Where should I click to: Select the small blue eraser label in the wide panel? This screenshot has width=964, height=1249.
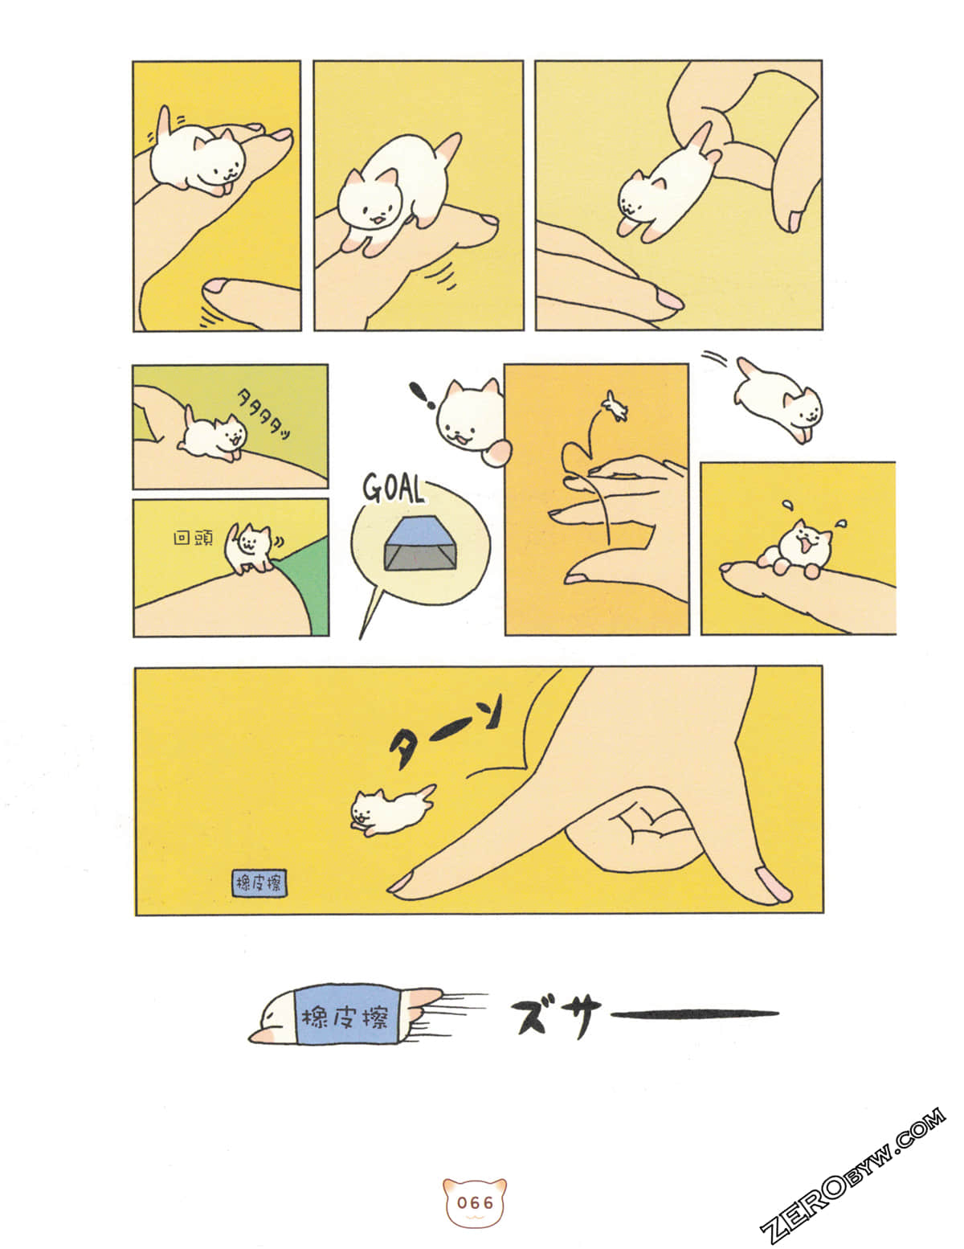point(259,883)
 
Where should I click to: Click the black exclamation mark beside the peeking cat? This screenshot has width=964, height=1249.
point(419,395)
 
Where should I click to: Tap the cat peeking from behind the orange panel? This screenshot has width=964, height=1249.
point(470,418)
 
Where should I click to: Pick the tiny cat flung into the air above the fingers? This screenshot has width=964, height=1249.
point(615,407)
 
